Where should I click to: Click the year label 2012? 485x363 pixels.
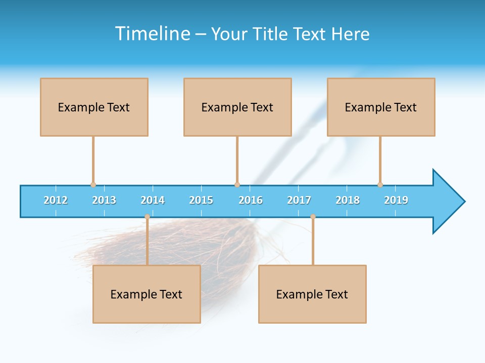[56, 200]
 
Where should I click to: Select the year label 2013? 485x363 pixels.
[104, 200]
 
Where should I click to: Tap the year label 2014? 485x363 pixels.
[153, 200]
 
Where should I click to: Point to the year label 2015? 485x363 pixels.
[201, 200]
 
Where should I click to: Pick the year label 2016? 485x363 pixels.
[251, 200]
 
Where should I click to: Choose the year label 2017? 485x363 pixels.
[299, 200]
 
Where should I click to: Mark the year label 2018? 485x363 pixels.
[348, 200]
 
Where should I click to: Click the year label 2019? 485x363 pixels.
[396, 200]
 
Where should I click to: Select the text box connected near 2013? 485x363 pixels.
[94, 107]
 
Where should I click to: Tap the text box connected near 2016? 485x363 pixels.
[237, 107]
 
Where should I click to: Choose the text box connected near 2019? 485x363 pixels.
[381, 107]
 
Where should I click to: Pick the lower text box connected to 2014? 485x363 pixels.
[147, 294]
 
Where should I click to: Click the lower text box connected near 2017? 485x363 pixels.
[312, 294]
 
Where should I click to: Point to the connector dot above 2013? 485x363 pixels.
[93, 185]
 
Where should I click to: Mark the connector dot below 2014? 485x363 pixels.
[147, 217]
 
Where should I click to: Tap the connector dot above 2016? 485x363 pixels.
[237, 185]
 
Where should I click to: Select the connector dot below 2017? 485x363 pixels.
[313, 217]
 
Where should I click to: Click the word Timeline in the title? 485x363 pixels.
[153, 34]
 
